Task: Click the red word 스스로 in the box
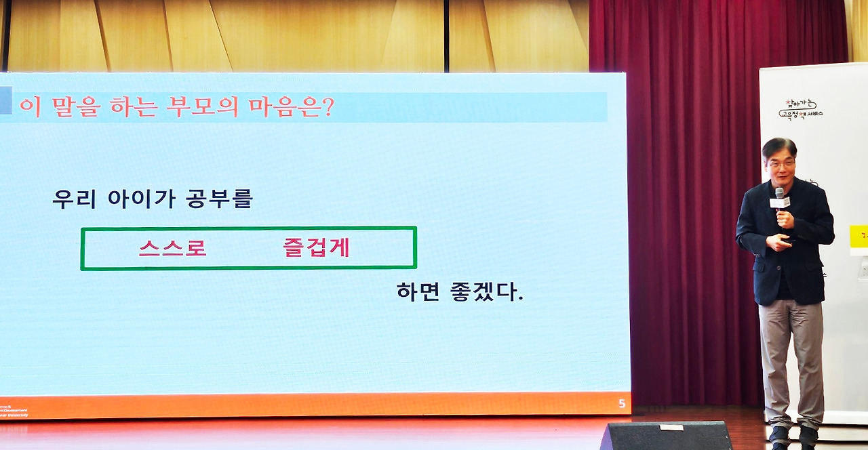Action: tap(172, 248)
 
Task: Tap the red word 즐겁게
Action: tap(316, 248)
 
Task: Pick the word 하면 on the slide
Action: tap(417, 292)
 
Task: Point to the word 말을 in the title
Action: tap(64, 107)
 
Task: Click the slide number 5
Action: tap(622, 404)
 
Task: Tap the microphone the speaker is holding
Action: tap(779, 201)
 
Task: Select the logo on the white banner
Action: tap(801, 110)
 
